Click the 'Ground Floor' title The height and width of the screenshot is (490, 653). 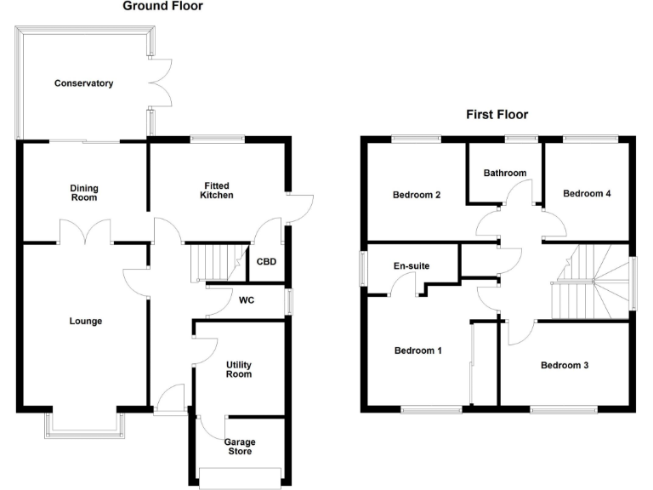(x=163, y=7)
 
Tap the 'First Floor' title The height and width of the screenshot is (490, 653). (x=497, y=114)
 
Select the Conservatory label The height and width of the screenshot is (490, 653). (x=83, y=83)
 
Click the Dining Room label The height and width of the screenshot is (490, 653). (x=83, y=192)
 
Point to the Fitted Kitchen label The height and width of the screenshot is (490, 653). (x=216, y=191)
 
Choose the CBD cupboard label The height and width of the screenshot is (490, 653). (x=267, y=262)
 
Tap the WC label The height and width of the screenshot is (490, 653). (x=247, y=300)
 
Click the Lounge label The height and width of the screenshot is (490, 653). (x=85, y=322)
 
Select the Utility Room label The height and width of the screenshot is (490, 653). (x=238, y=369)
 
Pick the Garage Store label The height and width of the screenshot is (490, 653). (x=239, y=447)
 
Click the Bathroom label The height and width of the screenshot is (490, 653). (x=505, y=173)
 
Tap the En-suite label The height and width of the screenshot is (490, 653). (x=412, y=266)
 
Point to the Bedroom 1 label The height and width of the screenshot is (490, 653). (x=417, y=350)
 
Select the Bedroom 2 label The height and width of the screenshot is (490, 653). (x=417, y=195)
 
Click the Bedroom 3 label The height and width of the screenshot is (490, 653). (x=565, y=366)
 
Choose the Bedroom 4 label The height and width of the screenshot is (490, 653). (x=587, y=194)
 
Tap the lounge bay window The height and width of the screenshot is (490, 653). (x=83, y=425)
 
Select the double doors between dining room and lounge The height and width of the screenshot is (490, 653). (x=85, y=231)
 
